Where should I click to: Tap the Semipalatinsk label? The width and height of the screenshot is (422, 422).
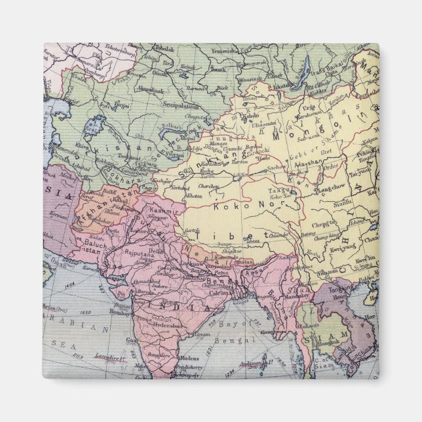point(180,104)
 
